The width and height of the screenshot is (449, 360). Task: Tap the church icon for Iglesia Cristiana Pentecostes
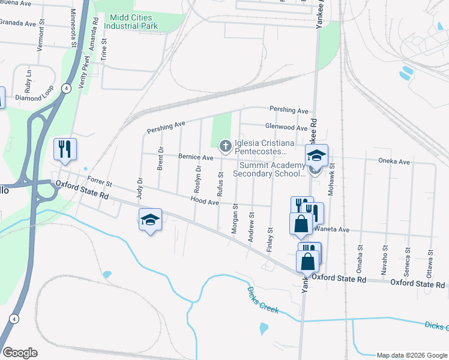pos(226,145)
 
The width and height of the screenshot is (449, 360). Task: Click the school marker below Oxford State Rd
pos(150,220)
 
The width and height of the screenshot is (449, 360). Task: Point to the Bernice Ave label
pos(196,157)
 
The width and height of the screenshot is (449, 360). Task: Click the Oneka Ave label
pos(394,161)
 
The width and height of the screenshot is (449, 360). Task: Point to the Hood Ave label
pos(205,202)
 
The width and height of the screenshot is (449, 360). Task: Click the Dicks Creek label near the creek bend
pos(263,299)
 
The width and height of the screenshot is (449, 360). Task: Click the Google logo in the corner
pos(20,353)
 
